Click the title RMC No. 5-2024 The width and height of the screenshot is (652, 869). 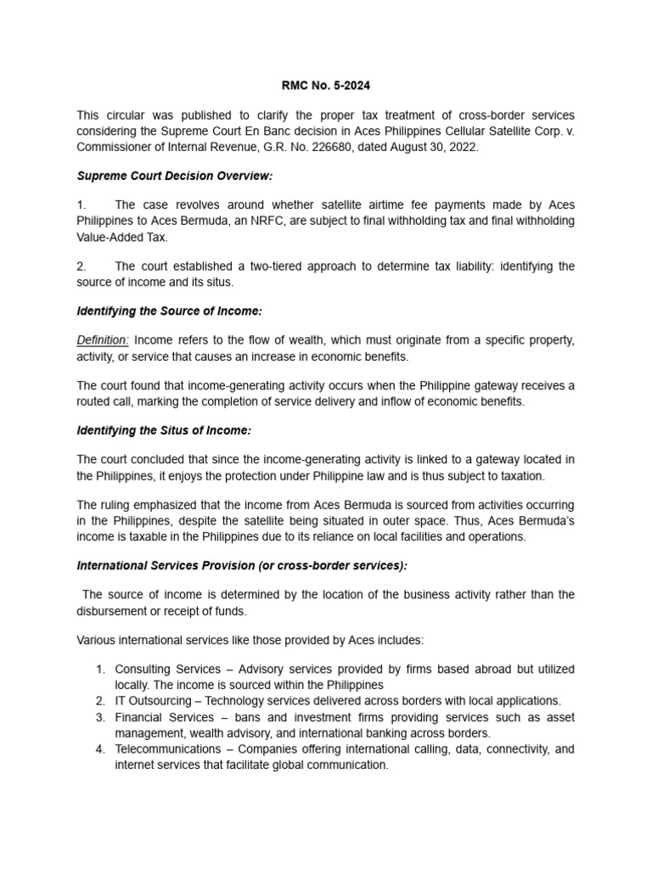click(325, 85)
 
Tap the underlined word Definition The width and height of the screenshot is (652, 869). click(103, 340)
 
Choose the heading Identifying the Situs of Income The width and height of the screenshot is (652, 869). click(164, 430)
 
